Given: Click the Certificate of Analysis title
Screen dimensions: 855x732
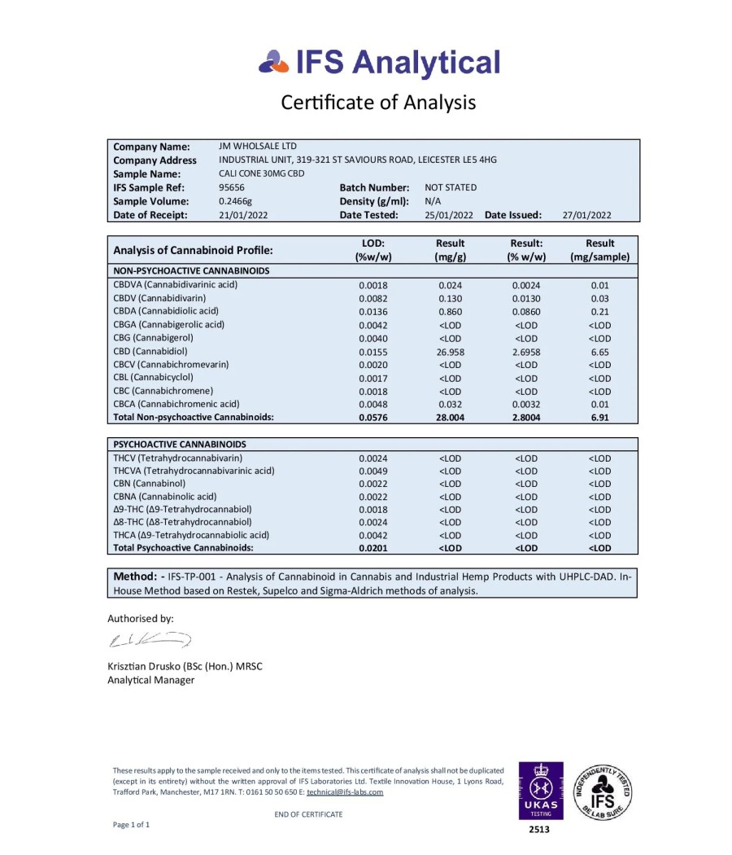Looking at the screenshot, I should click(378, 103).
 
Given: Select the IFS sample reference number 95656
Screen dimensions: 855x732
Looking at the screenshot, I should click(232, 187).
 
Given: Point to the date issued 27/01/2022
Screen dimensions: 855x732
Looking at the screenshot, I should click(586, 215).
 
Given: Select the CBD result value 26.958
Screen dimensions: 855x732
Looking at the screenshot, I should click(450, 352).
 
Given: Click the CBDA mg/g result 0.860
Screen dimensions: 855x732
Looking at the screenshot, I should click(450, 312).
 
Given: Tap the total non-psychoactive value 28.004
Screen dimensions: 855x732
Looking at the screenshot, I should click(450, 417).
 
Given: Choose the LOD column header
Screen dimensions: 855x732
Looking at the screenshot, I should click(373, 249).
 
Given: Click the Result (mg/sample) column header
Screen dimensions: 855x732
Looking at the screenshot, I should click(599, 249).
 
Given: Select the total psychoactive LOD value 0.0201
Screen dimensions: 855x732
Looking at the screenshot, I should click(373, 548).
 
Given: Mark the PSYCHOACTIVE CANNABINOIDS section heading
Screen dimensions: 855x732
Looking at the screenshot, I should click(180, 445).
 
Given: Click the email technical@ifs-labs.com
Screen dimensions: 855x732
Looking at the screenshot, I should click(345, 791).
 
